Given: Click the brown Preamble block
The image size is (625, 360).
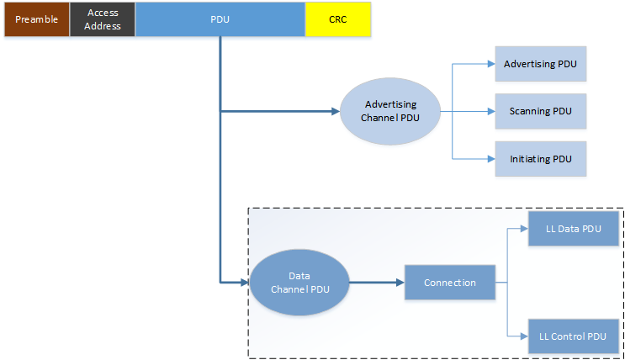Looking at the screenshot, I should (x=36, y=19).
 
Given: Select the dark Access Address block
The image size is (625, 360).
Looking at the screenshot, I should (x=103, y=19).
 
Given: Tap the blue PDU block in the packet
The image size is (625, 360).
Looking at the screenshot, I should (x=220, y=19).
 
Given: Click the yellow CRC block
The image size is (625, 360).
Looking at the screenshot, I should (x=337, y=19).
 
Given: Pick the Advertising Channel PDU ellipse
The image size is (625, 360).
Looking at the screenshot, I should (x=391, y=111).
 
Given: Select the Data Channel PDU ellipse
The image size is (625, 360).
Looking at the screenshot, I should (x=299, y=283).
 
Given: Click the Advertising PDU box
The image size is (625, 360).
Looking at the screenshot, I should (x=540, y=64).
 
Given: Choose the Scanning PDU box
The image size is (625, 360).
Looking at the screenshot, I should (x=540, y=111).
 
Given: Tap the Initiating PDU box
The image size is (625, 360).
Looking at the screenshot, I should (x=540, y=158).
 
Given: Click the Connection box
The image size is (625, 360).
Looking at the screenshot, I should (x=449, y=283).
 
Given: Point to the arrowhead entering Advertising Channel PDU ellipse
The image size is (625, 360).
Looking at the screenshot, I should (x=334, y=111).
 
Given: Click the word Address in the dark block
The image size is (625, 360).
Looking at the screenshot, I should (x=103, y=26).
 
